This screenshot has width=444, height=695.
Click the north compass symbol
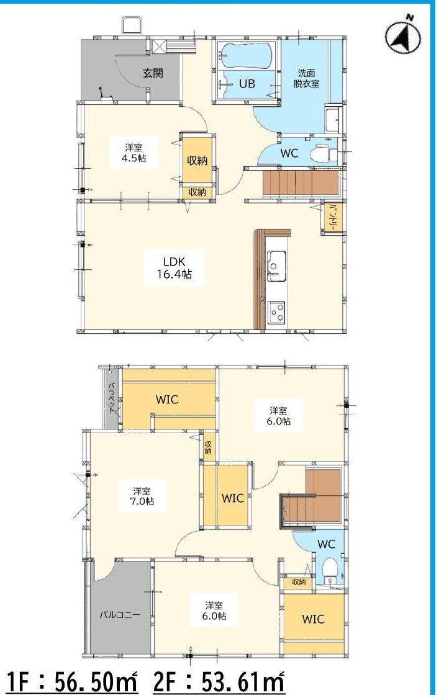tap(403, 35)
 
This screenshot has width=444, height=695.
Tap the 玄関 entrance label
tap(153, 73)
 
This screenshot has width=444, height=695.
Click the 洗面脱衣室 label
tap(306, 78)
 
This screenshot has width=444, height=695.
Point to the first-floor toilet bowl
tap(319, 154)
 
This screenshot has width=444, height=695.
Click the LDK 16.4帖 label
tap(174, 267)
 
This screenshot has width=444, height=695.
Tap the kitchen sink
tap(276, 265)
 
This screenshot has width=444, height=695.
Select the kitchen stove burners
tap(276, 312)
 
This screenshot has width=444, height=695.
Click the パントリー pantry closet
tap(332, 218)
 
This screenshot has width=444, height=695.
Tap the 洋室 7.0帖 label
tap(142, 496)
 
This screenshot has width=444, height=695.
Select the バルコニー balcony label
tap(119, 615)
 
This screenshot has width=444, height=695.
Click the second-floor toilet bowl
tap(328, 567)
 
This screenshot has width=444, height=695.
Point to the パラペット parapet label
tap(111, 398)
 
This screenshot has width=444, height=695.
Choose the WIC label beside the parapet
tap(167, 400)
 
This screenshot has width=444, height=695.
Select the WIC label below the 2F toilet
tap(313, 619)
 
